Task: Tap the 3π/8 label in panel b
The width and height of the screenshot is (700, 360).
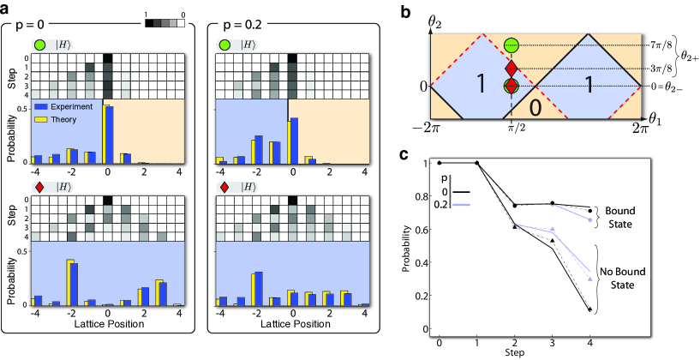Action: [659, 69]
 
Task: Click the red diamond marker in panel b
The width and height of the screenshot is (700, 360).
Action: [512, 69]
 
